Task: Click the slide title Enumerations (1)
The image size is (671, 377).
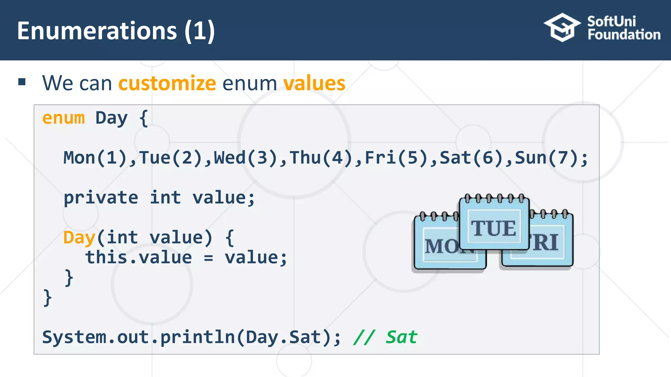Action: (116, 31)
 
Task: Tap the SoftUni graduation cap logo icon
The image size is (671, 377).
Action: (562, 27)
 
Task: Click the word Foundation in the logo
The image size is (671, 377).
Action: (624, 35)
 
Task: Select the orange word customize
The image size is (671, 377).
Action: (167, 83)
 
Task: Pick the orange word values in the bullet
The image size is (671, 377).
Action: (314, 83)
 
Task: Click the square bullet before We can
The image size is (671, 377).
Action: (22, 82)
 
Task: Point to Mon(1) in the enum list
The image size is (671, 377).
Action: (95, 158)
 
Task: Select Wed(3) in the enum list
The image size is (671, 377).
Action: (246, 158)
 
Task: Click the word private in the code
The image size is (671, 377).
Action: (101, 198)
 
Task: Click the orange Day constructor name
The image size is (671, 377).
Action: (79, 238)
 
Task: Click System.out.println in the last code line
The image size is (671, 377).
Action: (138, 337)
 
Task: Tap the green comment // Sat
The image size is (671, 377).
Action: (385, 337)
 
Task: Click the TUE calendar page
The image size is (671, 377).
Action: (494, 226)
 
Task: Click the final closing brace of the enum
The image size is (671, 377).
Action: (48, 298)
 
